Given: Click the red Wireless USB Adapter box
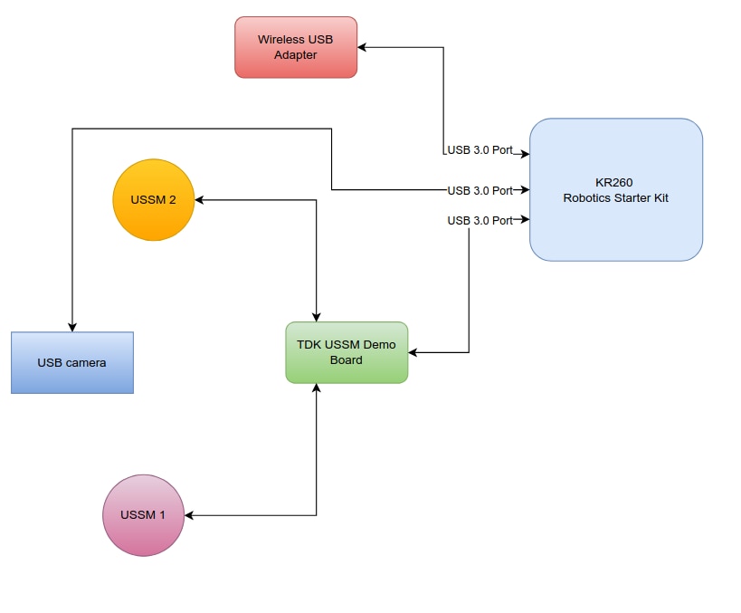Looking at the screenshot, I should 296,47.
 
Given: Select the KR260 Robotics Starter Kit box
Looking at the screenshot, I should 615,189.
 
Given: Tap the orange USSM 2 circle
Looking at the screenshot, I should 153,200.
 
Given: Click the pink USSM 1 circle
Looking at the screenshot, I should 143,515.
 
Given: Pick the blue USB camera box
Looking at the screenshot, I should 72,362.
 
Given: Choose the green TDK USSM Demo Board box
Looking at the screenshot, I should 347,352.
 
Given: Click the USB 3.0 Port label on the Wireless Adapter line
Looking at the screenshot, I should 480,149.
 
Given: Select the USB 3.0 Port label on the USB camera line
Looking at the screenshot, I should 480,190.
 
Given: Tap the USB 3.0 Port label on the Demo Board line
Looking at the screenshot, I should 480,220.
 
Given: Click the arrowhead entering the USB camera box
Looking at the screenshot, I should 72,327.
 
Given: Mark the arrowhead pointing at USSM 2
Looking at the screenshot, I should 201,200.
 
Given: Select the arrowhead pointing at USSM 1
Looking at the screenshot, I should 190,515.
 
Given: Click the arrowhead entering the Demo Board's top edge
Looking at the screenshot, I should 316,316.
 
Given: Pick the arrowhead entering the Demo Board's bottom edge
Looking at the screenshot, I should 316,388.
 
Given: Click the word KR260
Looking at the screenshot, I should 615,182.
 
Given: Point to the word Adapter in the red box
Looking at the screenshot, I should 296,54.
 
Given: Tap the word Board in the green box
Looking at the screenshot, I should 347,359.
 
